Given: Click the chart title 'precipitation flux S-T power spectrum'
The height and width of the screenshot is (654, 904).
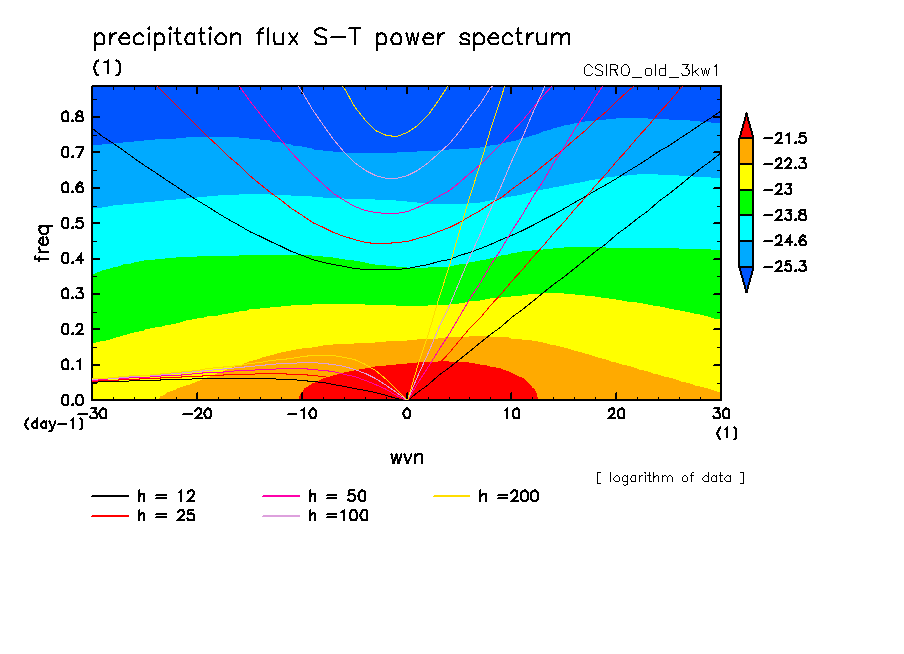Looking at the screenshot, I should [331, 38].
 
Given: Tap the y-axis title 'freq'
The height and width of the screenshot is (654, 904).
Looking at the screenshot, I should [43, 242].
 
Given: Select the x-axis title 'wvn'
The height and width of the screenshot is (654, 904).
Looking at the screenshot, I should [406, 457].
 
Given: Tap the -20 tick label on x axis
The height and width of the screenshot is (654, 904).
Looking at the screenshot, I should [197, 414].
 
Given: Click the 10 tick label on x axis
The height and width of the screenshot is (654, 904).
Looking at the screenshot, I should [511, 414].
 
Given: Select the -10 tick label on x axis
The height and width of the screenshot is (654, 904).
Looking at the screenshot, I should [302, 414].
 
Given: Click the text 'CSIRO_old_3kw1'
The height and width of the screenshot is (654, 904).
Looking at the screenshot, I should [651, 72].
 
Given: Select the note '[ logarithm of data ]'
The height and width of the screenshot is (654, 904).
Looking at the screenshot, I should [670, 477].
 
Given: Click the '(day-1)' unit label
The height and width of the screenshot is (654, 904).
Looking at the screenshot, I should [53, 424].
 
